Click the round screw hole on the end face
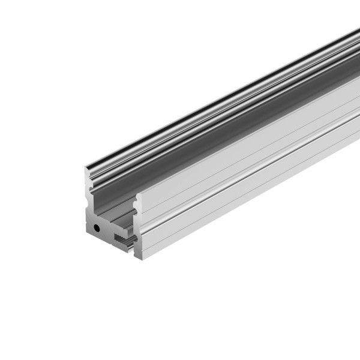tap(97, 229)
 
